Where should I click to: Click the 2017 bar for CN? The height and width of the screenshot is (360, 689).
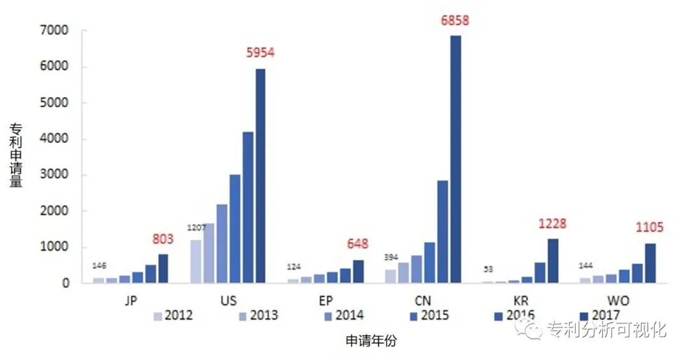click(456, 159)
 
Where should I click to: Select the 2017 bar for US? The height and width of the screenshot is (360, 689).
click(260, 176)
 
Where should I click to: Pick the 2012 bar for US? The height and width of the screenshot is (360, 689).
click(195, 261)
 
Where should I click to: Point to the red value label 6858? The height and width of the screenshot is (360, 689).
click(455, 20)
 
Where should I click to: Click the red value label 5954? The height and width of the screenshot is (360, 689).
click(260, 53)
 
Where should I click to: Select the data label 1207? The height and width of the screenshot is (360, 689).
click(195, 228)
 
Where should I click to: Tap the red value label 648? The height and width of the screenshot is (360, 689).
click(357, 244)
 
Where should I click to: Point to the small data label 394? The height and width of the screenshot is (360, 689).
click(390, 257)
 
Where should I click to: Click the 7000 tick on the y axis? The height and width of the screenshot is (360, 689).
click(57, 31)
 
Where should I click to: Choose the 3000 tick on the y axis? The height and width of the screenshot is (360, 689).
click(57, 175)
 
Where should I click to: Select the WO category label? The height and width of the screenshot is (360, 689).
click(617, 300)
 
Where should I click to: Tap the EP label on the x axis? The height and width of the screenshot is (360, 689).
click(325, 300)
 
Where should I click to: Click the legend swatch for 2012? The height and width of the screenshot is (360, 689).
click(158, 315)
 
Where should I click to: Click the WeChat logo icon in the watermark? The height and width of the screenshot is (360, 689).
click(530, 329)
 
